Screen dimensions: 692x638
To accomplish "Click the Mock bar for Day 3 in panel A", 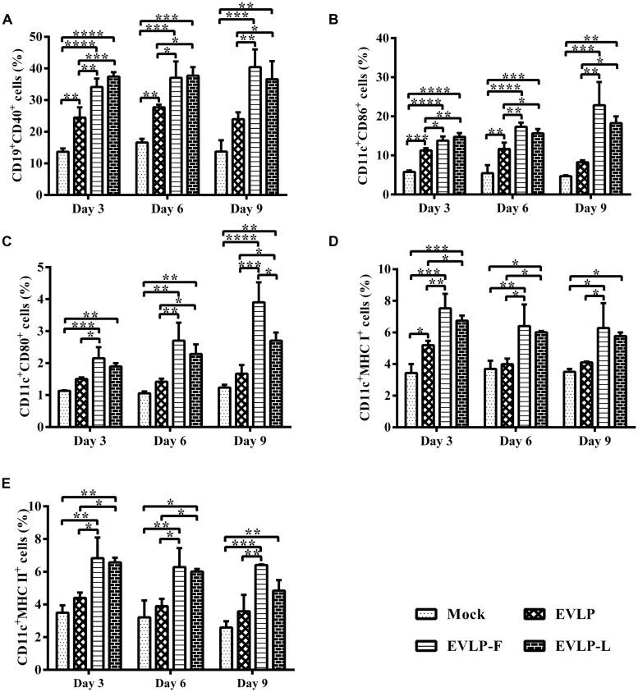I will pyautogui.click(x=62, y=173).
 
